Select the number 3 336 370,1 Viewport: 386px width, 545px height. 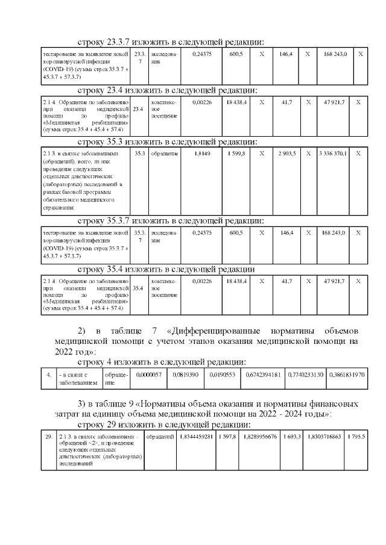333,154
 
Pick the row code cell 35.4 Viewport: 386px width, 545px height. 138,288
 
